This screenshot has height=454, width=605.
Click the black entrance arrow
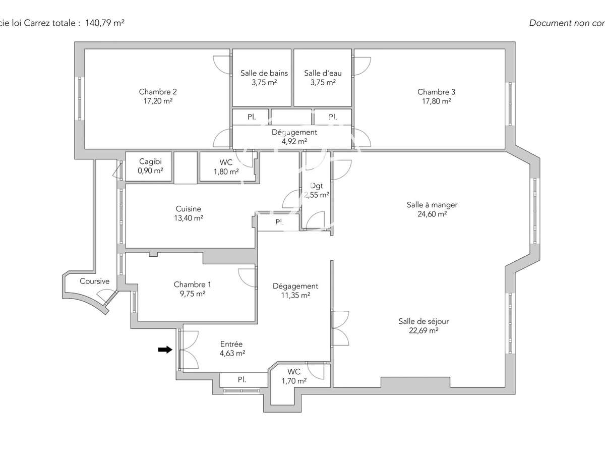[165, 350]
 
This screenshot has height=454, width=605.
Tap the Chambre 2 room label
[158, 92]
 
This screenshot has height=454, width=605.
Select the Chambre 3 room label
[436, 92]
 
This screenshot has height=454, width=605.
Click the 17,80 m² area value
[436, 101]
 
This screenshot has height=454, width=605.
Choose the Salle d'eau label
[323, 73]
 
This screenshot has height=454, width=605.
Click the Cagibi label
[150, 162]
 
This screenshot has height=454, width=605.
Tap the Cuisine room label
[189, 209]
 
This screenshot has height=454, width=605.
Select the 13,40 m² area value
[189, 218]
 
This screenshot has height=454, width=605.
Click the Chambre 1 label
[190, 285]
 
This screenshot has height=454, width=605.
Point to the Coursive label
[94, 281]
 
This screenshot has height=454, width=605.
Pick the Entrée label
[231, 344]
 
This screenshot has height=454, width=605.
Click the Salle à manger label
[432, 205]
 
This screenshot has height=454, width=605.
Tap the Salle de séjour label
[423, 321]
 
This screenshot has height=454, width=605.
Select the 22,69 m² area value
[423, 331]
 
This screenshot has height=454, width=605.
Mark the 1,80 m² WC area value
[226, 172]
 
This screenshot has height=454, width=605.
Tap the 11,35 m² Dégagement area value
[295, 296]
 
